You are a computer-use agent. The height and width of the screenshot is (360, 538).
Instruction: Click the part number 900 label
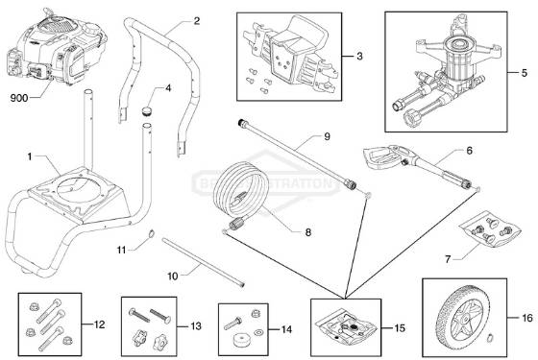click(x=18, y=98)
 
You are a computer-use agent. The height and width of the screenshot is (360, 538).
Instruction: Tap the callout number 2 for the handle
click(x=197, y=20)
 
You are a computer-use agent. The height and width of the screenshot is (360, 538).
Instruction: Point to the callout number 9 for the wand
click(x=326, y=138)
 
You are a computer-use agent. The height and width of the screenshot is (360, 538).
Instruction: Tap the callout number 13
click(x=196, y=325)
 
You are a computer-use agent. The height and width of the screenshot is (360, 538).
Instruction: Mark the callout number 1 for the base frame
click(x=30, y=156)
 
